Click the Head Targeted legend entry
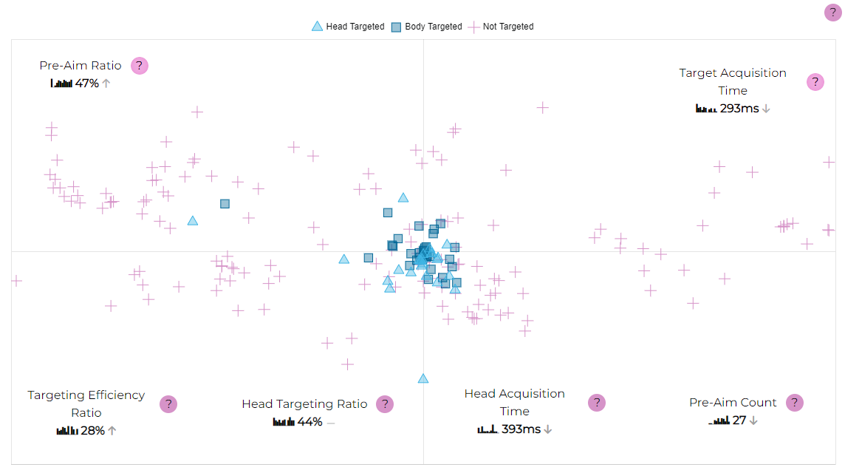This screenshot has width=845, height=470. (x=348, y=27)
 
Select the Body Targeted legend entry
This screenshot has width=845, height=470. (x=426, y=27)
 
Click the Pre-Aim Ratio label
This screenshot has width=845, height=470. (x=81, y=66)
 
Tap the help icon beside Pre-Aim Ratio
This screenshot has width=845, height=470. (x=140, y=66)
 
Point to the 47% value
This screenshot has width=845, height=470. (x=87, y=84)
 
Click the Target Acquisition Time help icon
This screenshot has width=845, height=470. (x=815, y=82)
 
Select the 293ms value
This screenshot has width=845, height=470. (x=739, y=109)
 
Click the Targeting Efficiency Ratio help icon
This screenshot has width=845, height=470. (x=168, y=403)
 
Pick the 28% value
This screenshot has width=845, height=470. (x=92, y=431)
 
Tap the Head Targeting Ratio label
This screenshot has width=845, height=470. (x=304, y=404)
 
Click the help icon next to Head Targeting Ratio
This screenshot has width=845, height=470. (x=384, y=404)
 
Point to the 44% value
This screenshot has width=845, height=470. (x=309, y=422)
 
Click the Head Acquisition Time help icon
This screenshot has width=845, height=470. (x=597, y=403)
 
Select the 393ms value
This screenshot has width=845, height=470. (x=521, y=429)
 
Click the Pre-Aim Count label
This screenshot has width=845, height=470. (x=733, y=403)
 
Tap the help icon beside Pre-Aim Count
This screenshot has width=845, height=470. (x=794, y=403)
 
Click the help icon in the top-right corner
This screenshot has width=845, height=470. (x=832, y=12)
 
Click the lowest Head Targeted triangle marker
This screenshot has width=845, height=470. (x=423, y=378)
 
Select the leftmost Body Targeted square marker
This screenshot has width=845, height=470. (x=225, y=203)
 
